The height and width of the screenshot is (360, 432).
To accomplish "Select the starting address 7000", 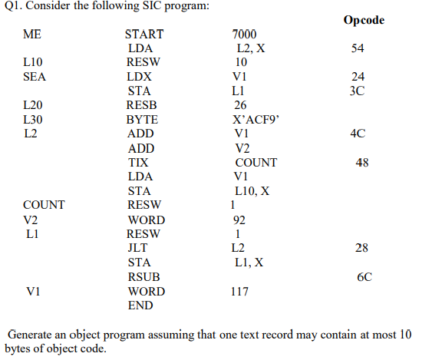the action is (x=245, y=35).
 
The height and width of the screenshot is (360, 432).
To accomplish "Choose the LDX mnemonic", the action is (x=139, y=77).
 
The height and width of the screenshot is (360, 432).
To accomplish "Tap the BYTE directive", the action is (x=142, y=120).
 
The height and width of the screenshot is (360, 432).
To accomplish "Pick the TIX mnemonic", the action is (x=137, y=163).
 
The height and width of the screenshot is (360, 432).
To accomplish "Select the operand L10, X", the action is (x=252, y=191).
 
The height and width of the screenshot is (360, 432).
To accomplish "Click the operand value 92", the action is (x=239, y=220).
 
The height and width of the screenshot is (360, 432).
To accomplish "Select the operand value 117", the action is (x=242, y=292).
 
